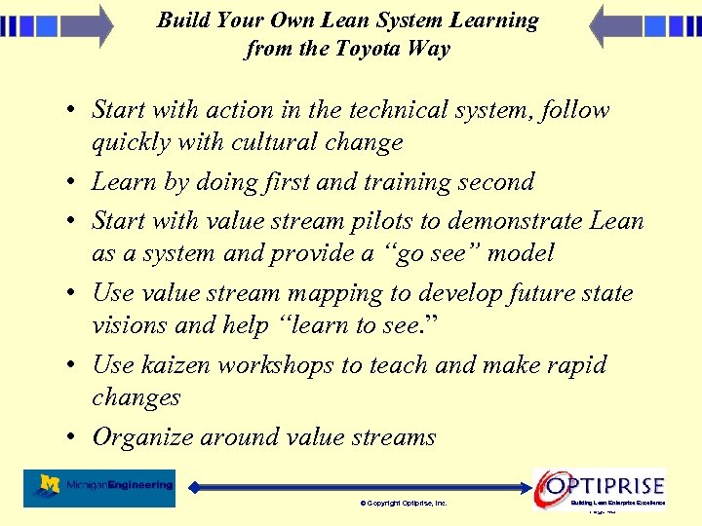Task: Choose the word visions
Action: (x=128, y=325)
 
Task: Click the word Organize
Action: (x=142, y=437)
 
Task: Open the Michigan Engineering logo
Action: (x=104, y=487)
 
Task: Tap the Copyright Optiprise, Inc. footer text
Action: (x=404, y=504)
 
